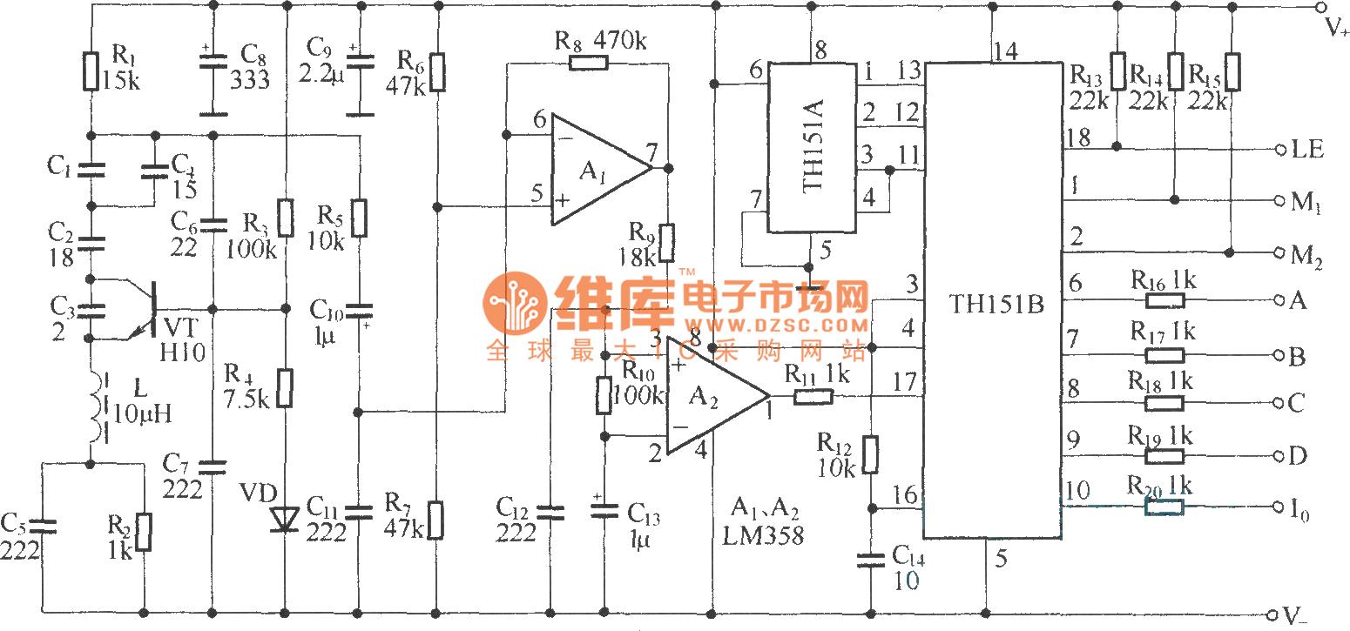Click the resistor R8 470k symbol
coord(588,62)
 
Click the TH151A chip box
coord(810,146)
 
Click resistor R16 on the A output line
coord(1164,300)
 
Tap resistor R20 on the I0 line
coord(1164,507)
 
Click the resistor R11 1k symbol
coord(812,398)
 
